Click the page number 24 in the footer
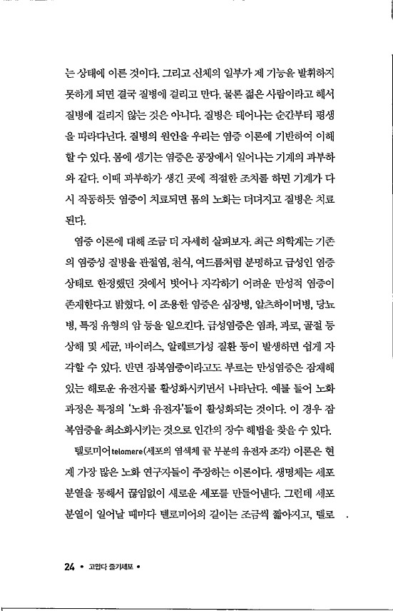click(x=69, y=567)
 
